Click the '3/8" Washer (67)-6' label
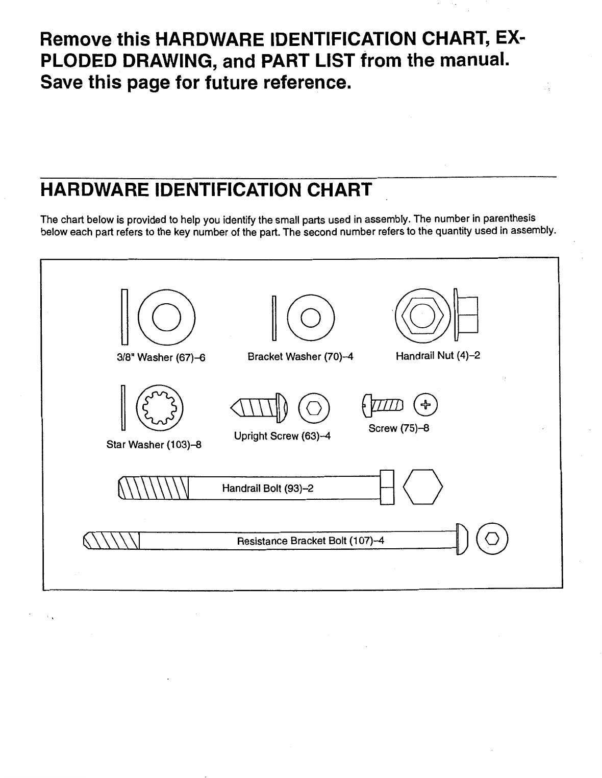161,358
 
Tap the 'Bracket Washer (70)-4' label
300,357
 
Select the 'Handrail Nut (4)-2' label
438,355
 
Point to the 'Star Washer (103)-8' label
154,445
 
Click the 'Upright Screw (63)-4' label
282,436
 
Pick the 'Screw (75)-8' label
398,428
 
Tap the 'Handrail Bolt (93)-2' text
267,489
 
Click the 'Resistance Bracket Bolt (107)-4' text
310,541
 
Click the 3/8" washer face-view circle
166,317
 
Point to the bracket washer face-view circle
310,318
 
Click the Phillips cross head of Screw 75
427,405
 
